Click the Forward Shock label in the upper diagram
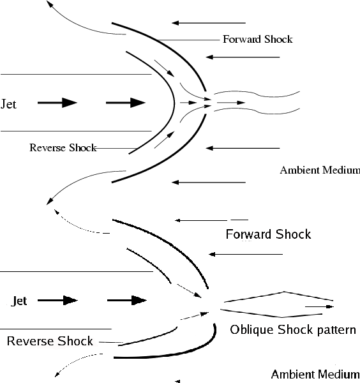click(258, 40)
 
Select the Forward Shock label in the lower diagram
click(268, 234)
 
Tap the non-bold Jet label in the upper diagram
click(8, 104)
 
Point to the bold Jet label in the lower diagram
click(19, 301)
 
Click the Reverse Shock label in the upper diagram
click(63, 147)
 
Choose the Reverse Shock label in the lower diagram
click(50, 341)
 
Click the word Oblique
click(251, 330)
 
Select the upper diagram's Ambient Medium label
click(320, 170)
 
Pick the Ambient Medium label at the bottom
click(315, 374)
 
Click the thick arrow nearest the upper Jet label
click(57, 103)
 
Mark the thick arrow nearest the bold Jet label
click(57, 300)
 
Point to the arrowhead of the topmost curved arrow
click(50, 4)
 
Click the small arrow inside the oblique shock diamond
click(319, 306)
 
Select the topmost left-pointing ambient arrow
click(209, 23)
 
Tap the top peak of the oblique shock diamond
click(284, 292)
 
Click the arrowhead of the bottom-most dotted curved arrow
click(57, 374)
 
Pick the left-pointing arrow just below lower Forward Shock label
click(246, 254)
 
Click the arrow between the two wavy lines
click(231, 103)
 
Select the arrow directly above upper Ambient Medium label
click(243, 148)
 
